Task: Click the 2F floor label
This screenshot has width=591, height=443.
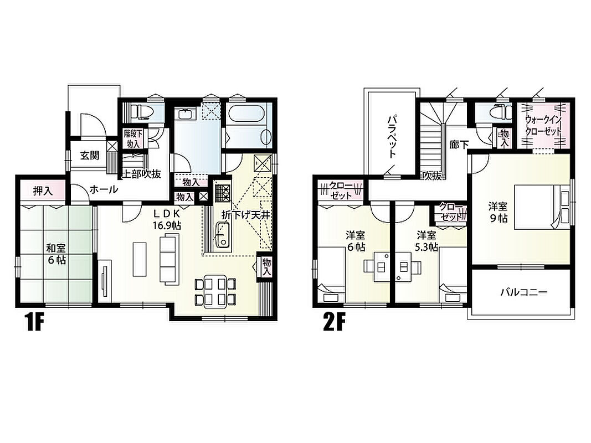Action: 334,322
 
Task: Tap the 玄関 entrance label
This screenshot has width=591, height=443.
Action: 89,155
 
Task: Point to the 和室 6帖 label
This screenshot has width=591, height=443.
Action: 56,254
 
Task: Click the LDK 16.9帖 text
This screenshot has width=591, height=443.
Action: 166,220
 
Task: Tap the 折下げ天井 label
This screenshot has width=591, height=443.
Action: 246,215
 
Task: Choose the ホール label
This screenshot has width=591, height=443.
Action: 104,189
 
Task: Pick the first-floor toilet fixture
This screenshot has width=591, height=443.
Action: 141,111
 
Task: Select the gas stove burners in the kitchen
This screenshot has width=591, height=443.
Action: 223,192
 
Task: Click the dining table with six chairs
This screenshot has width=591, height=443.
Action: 215,292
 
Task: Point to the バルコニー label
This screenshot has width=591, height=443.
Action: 523,292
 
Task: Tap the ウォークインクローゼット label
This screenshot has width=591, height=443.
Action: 543,126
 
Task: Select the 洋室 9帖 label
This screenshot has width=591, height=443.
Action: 499,212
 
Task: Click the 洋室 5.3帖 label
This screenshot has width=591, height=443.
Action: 426,241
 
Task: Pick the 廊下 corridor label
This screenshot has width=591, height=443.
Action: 459,145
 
